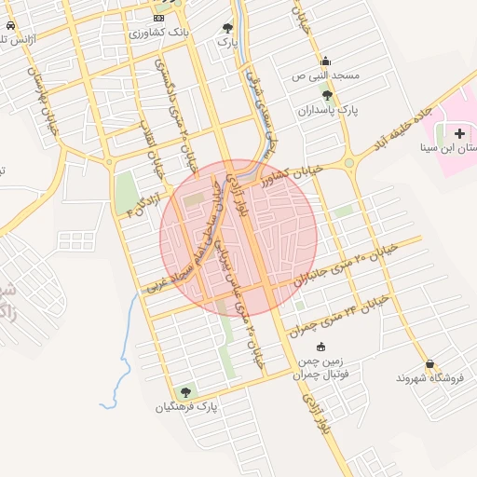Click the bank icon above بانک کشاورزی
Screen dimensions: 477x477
[x=158, y=18]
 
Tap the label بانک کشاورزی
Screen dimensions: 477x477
[x=159, y=32]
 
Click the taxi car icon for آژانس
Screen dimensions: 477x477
[x=9, y=26]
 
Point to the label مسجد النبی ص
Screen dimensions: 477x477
[x=325, y=74]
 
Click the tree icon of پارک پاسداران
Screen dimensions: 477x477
[x=326, y=95]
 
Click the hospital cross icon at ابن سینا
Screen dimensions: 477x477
[x=459, y=134]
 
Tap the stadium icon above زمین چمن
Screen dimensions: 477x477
[x=320, y=347]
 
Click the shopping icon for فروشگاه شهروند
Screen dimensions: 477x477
[x=429, y=364]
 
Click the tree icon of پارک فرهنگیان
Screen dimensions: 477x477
[x=185, y=392]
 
